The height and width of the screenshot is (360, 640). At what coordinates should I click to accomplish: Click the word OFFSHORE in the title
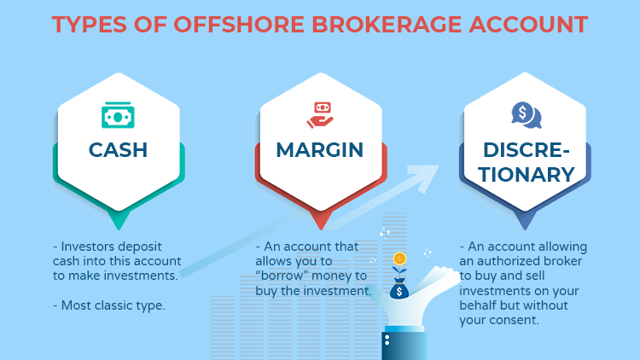coord(239,25)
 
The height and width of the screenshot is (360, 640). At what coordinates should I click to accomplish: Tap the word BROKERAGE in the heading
coord(387,25)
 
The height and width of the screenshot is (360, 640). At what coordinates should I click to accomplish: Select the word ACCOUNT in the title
coord(528,25)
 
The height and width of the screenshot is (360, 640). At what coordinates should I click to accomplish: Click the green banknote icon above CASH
coord(118,115)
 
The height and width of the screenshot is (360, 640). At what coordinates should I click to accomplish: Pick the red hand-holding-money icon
coord(320,115)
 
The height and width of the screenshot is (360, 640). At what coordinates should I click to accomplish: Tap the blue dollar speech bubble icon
coord(527,115)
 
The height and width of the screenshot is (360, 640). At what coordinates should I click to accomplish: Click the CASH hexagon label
coord(118,150)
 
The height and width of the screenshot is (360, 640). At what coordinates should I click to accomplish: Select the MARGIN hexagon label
coord(320,150)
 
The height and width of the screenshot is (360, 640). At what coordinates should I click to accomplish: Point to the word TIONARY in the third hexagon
coord(527,175)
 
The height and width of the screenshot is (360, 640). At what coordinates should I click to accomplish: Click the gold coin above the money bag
coord(399,258)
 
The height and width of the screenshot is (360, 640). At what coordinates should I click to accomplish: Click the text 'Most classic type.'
coord(113,305)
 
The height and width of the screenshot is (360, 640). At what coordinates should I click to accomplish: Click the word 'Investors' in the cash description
coord(85,247)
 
